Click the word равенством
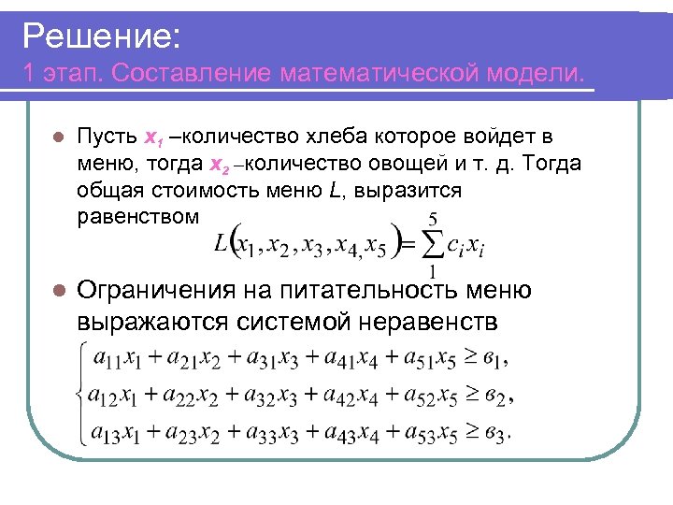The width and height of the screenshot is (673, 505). pyautogui.click(x=137, y=217)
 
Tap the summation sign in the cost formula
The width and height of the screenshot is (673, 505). pyautogui.click(x=430, y=244)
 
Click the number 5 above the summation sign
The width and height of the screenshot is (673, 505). pyautogui.click(x=433, y=217)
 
